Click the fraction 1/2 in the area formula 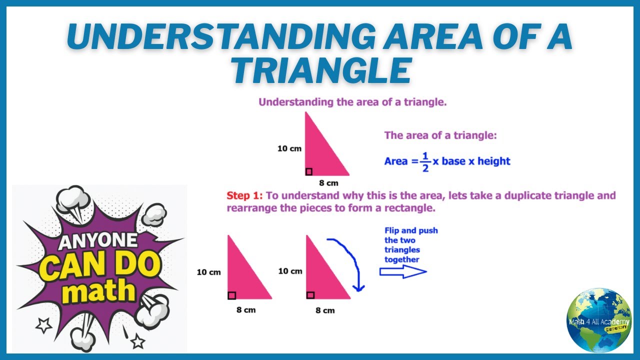pos(425,161)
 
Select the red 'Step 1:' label pos(244,195)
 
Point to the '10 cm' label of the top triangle pos(289,148)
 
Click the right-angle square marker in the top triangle pos(308,172)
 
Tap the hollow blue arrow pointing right pos(402,271)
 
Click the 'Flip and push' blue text pos(411,230)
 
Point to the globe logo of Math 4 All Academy pos(599,320)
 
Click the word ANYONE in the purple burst pos(99,242)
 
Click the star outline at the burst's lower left pos(43,325)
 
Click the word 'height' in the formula pos(493,161)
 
